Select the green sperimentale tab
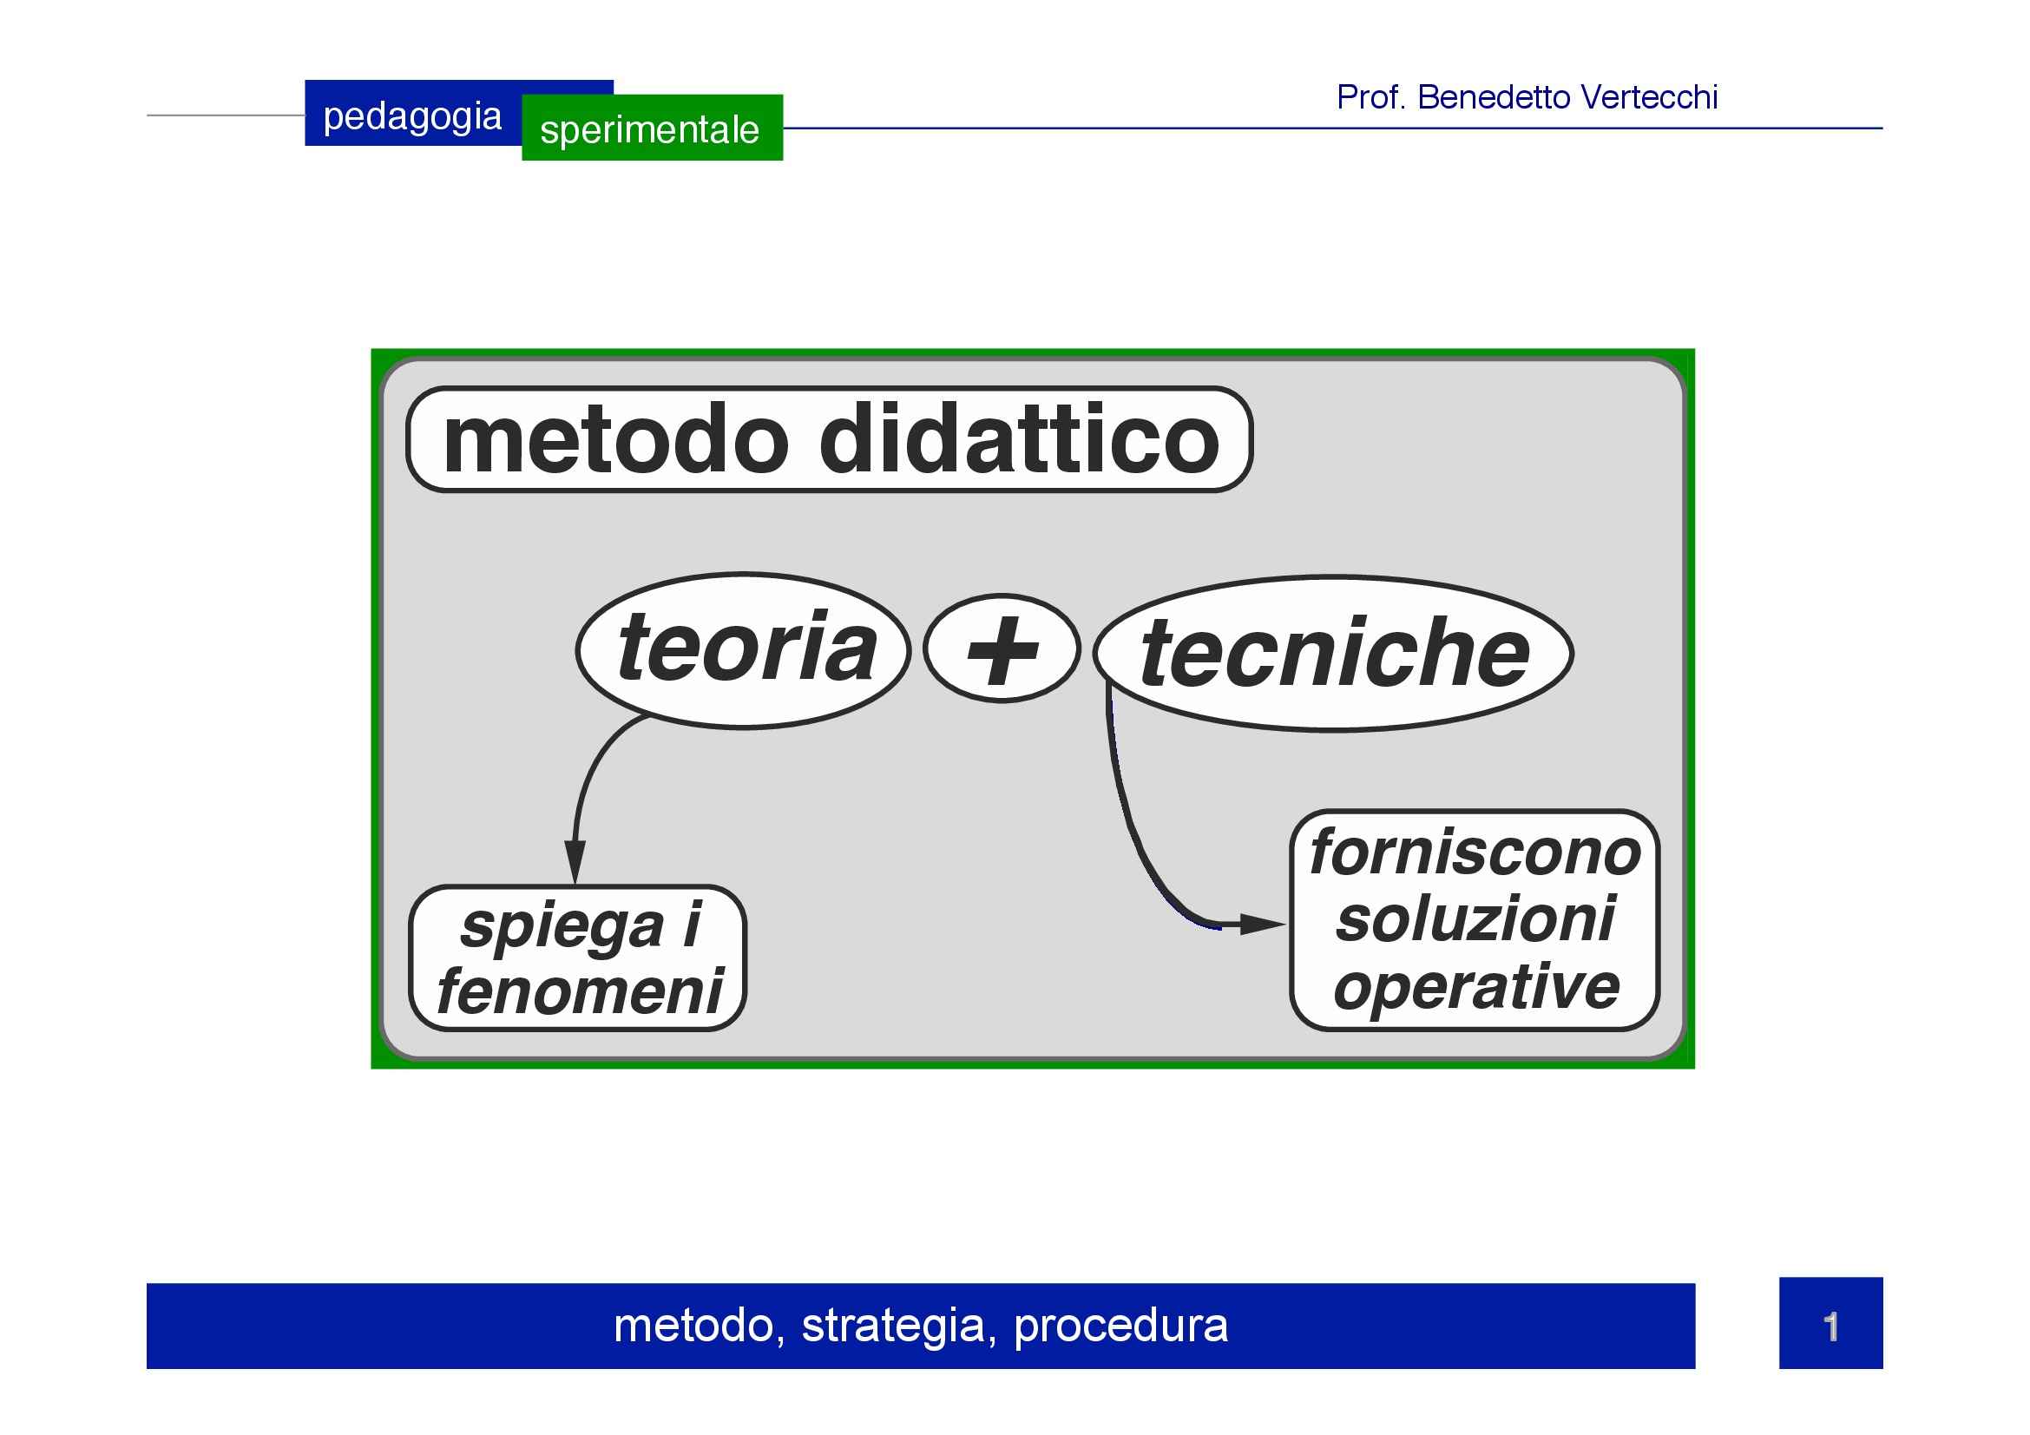point(653,128)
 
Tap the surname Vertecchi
point(1648,97)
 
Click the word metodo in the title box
point(615,440)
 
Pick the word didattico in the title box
point(1020,438)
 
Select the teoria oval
point(744,651)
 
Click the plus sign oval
point(1002,649)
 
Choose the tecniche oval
point(1333,654)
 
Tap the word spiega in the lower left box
point(562,927)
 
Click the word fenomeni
point(580,991)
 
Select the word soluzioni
point(1475,919)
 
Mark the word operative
point(1476,987)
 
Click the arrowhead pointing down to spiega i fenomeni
point(575,862)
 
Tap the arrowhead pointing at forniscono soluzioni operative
point(1263,925)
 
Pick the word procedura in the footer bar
point(1121,1326)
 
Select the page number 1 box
point(1831,1324)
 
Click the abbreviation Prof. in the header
point(1371,97)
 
